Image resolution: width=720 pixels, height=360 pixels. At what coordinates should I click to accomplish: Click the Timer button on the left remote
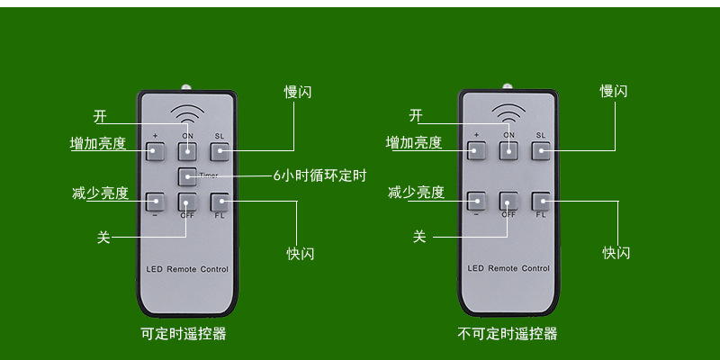tap(187, 176)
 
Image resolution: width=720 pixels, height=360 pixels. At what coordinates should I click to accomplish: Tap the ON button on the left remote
tap(187, 150)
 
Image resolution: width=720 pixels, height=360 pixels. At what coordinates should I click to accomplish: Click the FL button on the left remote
tap(219, 202)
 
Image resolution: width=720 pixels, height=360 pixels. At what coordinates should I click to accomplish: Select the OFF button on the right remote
tap(508, 202)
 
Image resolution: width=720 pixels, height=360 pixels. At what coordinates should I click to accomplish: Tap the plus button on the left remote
tap(156, 150)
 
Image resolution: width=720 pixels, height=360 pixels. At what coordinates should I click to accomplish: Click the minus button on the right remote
tap(477, 202)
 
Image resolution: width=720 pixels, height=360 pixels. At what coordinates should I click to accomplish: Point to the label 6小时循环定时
tap(319, 175)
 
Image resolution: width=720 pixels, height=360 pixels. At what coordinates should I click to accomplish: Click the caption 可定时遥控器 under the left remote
tap(184, 334)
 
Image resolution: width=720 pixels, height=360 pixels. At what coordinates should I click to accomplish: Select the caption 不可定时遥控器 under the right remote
tap(507, 334)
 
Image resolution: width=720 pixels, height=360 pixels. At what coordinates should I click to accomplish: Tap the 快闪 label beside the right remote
tap(616, 253)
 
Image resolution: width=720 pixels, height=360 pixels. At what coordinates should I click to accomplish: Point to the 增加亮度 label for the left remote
tap(98, 143)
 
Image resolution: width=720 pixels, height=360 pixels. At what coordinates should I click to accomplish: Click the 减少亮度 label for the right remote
tap(415, 192)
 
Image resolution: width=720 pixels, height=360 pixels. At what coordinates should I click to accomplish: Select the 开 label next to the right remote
tap(415, 115)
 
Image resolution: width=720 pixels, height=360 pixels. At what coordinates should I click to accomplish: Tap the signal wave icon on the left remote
tap(187, 115)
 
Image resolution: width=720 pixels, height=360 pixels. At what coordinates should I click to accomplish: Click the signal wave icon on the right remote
tap(508, 113)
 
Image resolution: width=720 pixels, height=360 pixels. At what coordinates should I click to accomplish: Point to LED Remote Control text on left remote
tap(187, 269)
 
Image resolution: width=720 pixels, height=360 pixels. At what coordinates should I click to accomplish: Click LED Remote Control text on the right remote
tap(508, 268)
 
